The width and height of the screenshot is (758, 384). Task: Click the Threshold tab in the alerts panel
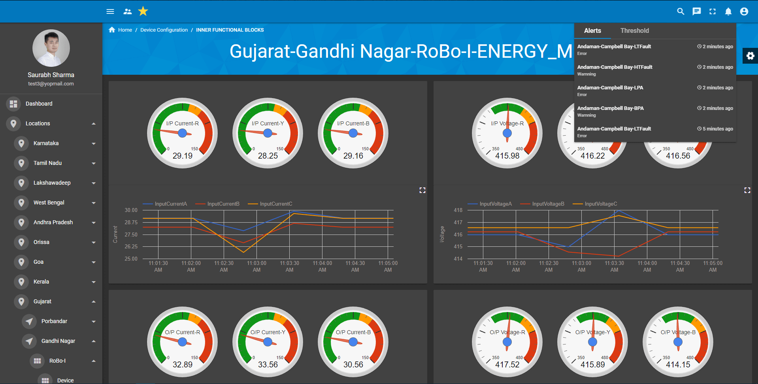(634, 30)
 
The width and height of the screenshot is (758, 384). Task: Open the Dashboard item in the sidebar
(39, 104)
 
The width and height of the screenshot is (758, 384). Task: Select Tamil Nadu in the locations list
(47, 163)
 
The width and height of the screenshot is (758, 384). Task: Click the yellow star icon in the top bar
(143, 11)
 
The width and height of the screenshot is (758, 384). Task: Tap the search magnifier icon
(681, 11)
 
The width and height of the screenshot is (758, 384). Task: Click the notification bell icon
(728, 11)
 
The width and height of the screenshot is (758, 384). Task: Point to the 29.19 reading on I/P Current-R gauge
(183, 156)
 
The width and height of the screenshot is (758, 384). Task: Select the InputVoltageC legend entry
(601, 204)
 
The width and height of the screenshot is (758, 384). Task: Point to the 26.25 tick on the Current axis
(131, 246)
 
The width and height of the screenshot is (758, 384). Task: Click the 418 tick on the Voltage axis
(458, 210)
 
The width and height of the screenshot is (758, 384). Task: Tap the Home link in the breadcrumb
(125, 30)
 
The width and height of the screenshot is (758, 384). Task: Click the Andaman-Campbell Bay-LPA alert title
(610, 87)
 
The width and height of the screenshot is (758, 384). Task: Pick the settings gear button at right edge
(750, 56)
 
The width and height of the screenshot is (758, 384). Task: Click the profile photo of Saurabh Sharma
(51, 48)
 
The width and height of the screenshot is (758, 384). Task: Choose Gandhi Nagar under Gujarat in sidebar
(58, 341)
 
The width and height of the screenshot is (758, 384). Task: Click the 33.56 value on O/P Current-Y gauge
(268, 365)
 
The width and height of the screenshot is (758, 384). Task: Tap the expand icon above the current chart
(422, 190)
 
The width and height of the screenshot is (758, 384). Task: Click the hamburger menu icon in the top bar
(110, 11)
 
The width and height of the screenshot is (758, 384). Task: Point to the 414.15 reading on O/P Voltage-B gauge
(678, 365)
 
